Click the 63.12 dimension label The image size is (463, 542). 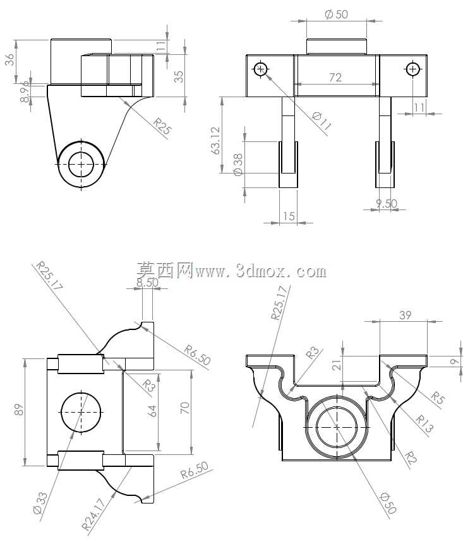coord(215,140)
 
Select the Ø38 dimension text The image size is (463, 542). coord(238,165)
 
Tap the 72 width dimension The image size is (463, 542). coord(335,77)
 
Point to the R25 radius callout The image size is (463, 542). coord(162,127)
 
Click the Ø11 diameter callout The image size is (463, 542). coord(322,121)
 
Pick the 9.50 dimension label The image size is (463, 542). coord(387,203)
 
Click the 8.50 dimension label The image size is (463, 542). coord(147,283)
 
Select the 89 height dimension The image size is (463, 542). coord(20,409)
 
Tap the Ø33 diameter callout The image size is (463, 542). coord(40,504)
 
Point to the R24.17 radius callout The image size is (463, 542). coord(93,514)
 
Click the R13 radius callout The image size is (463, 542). coord(424,424)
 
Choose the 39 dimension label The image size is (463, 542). coord(406,315)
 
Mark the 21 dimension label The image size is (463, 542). coord(336,365)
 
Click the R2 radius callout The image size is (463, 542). coord(411,458)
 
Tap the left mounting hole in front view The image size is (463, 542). coord(260,69)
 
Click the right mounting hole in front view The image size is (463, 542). coord(412,69)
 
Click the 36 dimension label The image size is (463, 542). coord(9,59)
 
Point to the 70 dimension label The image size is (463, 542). coord(185,408)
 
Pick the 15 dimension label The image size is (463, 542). coord(289,216)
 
